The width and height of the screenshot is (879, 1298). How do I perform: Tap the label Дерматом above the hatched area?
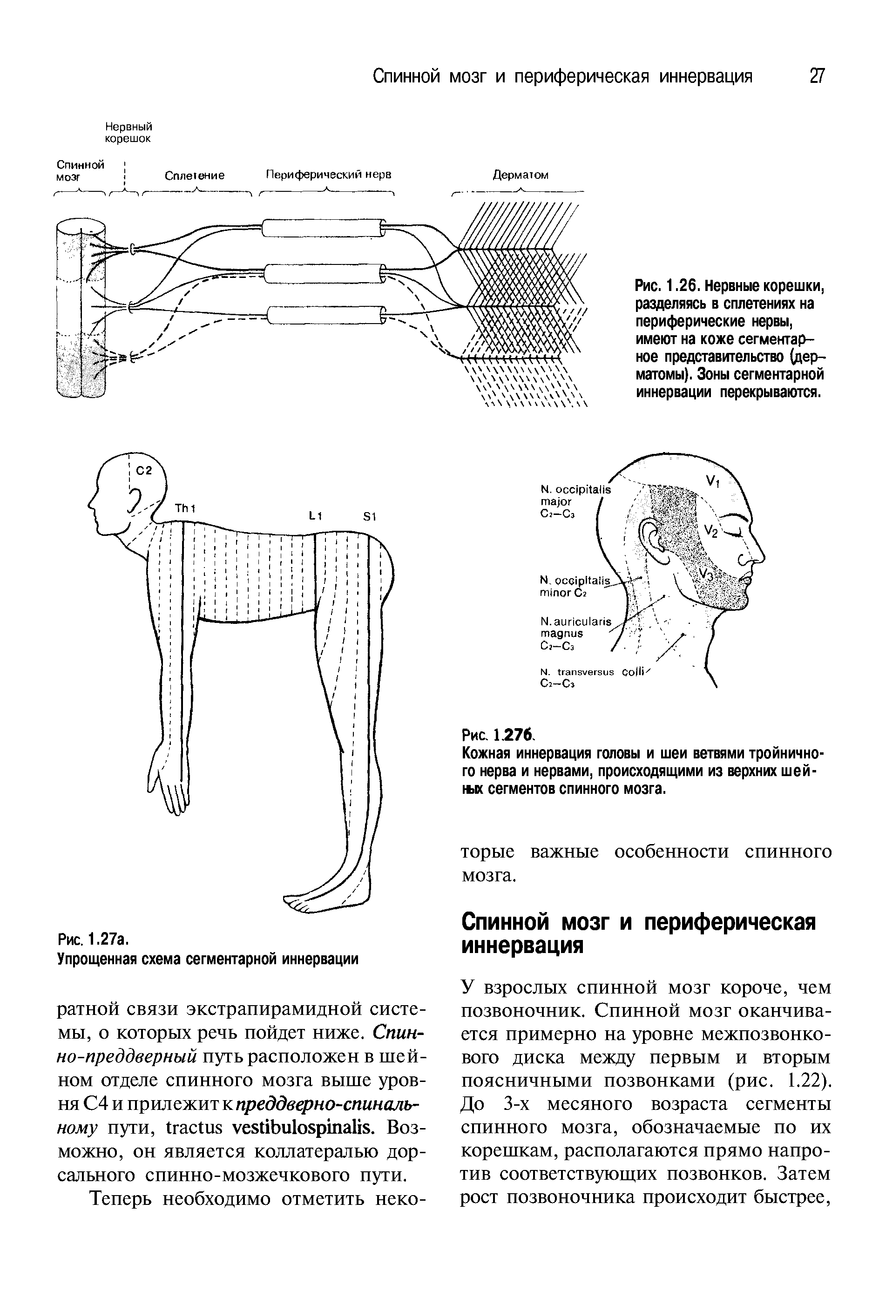(520, 175)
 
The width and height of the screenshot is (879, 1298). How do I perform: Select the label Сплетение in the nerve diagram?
(194, 176)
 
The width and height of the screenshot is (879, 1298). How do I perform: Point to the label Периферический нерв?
(328, 174)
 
